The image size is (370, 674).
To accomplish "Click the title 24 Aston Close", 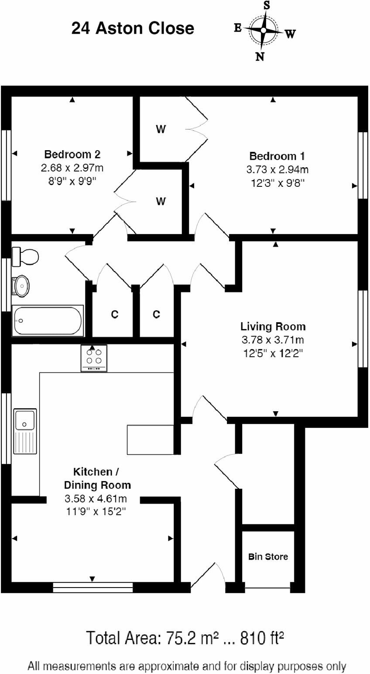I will [133, 28].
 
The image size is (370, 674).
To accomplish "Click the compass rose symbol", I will [264, 30].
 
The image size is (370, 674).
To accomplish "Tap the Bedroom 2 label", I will [72, 154].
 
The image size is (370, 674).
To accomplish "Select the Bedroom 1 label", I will [277, 156].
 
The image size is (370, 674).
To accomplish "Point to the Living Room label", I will [273, 327].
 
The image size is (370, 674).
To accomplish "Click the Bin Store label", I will [268, 557].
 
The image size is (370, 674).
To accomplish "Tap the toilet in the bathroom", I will [25, 256].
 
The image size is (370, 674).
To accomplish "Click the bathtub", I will [48, 321].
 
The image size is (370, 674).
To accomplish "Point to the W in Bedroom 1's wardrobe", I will [161, 129].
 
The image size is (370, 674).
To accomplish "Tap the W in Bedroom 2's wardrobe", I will [161, 201].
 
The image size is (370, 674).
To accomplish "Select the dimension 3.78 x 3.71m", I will [273, 340].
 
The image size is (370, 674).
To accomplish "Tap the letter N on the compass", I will [260, 56].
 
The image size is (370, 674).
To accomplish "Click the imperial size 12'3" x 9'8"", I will [277, 183].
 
